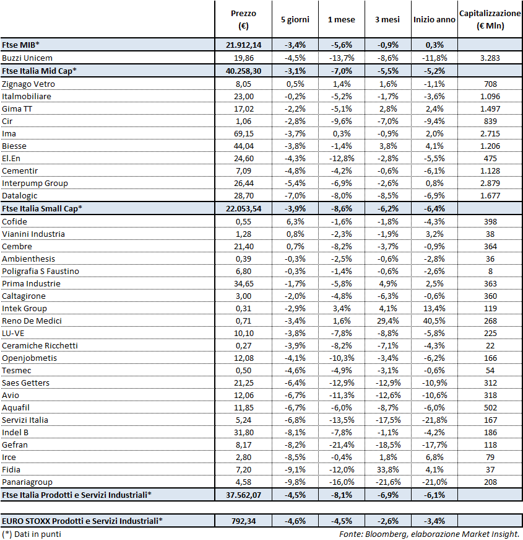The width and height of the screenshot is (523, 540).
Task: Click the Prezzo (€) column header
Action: coord(243,19)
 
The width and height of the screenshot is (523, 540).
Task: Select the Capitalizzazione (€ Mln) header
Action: coord(490,19)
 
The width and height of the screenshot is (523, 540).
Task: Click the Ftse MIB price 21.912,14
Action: coord(243,45)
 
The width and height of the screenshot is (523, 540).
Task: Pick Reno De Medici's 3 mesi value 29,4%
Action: coord(387,321)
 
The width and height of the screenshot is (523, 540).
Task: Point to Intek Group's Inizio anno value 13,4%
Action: coord(434,308)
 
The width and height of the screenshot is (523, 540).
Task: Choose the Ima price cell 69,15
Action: coord(243,133)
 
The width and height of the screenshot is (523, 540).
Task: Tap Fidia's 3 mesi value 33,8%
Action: coord(387,469)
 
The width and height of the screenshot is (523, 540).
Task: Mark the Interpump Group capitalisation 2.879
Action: coord(490,183)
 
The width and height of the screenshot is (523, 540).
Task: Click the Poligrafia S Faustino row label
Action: coord(40,271)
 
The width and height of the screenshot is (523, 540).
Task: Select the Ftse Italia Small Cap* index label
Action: coord(42,208)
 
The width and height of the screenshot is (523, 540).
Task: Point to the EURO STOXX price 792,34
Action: coord(243,521)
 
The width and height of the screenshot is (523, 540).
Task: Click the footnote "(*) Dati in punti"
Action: coord(32,534)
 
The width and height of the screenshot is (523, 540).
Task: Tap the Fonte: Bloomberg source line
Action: coord(429,534)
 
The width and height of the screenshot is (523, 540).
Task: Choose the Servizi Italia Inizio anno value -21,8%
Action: coord(434,420)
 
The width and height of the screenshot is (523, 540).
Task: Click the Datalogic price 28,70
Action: coord(243,195)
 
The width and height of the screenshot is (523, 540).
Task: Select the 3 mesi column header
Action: coord(387,19)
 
